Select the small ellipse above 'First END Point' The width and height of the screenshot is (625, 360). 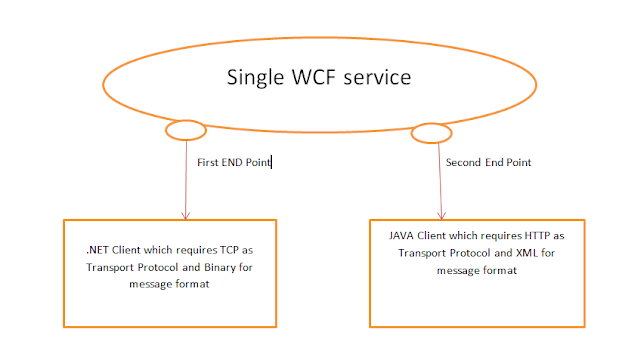(x=185, y=130)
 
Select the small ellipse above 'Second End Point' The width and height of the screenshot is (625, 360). (x=432, y=133)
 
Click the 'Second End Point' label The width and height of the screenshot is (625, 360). (x=489, y=161)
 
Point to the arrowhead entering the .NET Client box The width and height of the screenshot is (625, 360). (x=186, y=213)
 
